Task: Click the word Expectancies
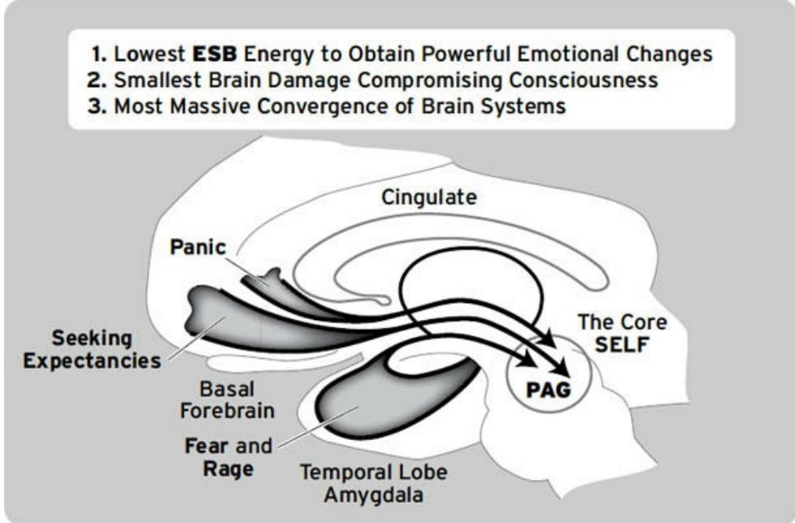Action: click(92, 361)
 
